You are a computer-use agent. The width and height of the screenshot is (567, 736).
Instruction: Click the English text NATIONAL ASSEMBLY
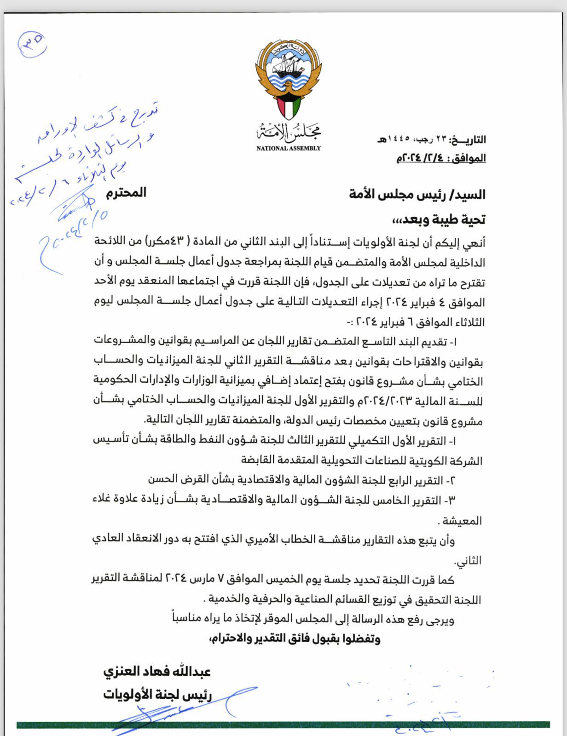coord(289,148)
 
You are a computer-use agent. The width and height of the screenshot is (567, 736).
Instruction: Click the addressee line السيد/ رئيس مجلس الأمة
coord(417,195)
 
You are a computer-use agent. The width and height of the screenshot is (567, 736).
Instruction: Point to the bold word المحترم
coord(126,193)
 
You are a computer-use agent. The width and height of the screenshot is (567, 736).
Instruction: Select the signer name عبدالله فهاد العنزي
coord(157,671)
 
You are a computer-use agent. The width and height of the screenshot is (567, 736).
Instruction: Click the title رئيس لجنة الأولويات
coord(157,694)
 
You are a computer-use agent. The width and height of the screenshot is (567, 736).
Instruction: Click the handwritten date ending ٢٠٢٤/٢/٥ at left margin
coord(71,236)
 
